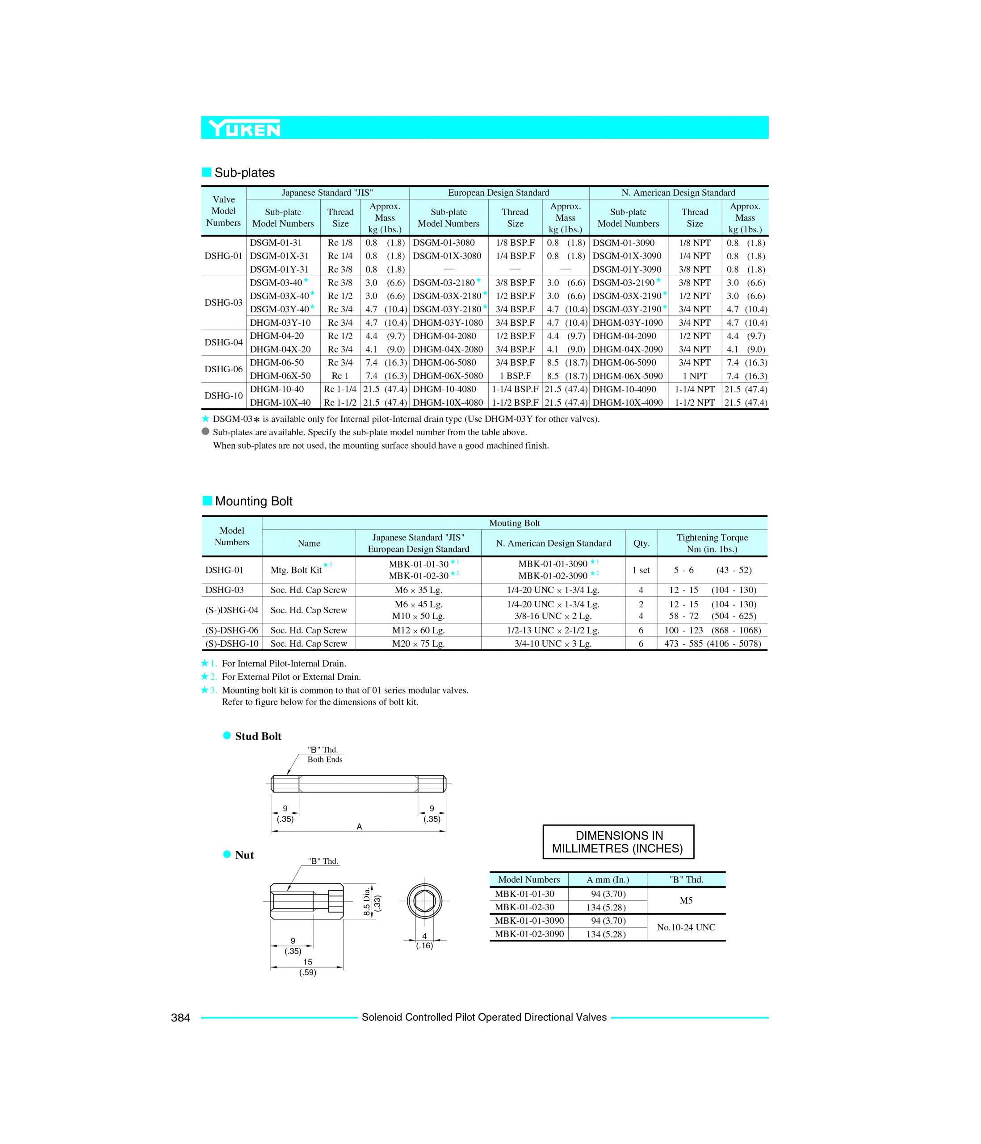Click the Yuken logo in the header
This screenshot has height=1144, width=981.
pos(244,129)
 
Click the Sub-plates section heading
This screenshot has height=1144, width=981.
pos(244,173)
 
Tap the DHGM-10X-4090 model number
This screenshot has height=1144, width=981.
pos(627,403)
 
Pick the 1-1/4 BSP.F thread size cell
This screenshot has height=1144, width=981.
pos(515,389)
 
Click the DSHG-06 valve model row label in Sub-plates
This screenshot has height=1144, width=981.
pos(223,369)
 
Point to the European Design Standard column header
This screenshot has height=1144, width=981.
pos(498,193)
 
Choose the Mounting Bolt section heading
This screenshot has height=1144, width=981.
pos(253,501)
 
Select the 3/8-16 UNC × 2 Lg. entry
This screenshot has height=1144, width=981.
pos(553,616)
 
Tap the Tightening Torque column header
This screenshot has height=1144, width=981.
pos(712,543)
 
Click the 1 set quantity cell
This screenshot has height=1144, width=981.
pos(641,570)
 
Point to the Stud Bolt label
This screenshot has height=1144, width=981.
pos(258,736)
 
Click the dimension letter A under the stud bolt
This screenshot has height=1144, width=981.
pos(359,827)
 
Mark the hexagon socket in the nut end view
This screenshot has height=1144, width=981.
pos(424,902)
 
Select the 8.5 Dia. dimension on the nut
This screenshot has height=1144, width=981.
pos(367,902)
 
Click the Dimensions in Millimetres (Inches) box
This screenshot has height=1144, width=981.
pos(618,842)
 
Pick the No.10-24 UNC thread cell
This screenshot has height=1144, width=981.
pos(686,928)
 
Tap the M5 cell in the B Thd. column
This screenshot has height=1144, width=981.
pos(686,900)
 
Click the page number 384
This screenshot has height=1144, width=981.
pos(180,1018)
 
